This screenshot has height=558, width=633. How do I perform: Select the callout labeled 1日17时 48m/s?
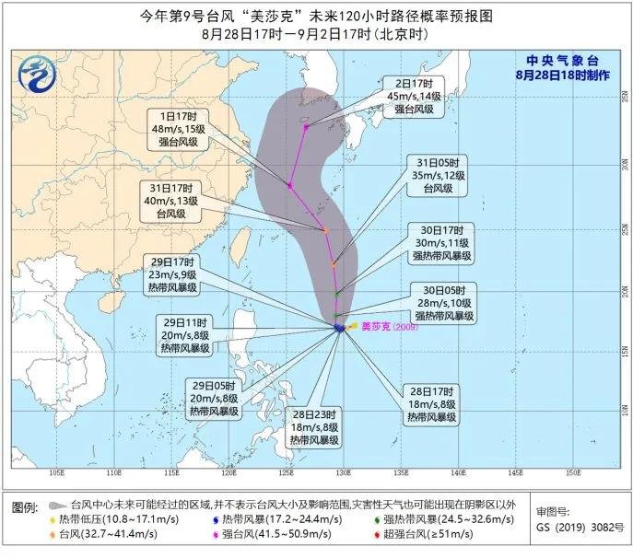[x=182, y=130]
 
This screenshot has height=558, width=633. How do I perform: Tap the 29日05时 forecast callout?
[x=215, y=398]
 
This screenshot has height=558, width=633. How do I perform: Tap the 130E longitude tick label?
[x=344, y=472]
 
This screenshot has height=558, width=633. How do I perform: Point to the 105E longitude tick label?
[x=56, y=472]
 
